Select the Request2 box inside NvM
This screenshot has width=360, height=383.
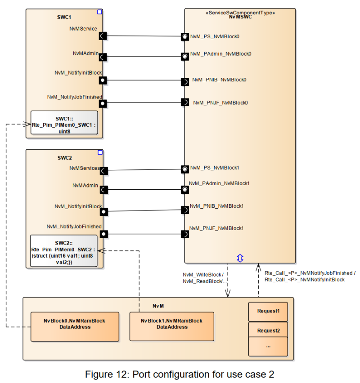coord(268,331)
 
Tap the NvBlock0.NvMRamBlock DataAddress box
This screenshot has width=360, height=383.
coord(75,324)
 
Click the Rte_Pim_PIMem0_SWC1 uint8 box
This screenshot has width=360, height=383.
coord(64,122)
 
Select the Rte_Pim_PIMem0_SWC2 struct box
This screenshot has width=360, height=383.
coord(64,250)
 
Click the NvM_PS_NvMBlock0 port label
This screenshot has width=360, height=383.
coord(215,36)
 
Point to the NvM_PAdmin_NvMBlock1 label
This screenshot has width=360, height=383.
coord(219,183)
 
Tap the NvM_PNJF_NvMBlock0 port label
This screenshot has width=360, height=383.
coord(220,102)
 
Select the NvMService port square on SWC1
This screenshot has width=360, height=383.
coord(103,36)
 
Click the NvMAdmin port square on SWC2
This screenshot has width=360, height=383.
coord(103,189)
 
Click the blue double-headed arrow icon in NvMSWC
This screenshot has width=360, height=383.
coord(240,258)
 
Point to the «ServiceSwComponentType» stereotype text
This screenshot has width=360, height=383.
coord(240,13)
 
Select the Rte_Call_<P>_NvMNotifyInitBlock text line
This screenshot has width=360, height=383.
coord(305,280)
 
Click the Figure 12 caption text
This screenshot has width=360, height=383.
coord(180,374)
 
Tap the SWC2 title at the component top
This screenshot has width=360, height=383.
coord(64,158)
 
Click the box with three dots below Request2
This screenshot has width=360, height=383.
coord(268,347)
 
